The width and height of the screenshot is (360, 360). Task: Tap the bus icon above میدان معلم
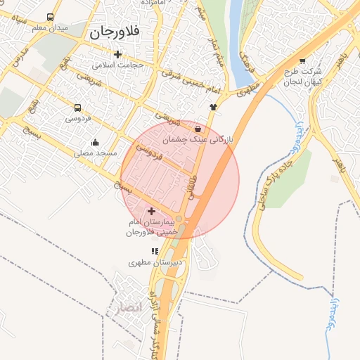(50, 18)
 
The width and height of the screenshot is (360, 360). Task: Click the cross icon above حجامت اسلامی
(117, 54)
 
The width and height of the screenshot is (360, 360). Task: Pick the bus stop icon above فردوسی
(77, 108)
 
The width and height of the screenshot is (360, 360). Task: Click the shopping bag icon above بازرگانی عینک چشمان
(198, 129)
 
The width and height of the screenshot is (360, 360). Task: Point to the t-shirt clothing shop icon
(213, 106)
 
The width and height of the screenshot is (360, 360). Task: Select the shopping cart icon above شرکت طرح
(302, 60)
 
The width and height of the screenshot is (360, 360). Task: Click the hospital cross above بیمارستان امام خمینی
(152, 211)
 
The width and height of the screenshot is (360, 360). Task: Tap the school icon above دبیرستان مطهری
(155, 251)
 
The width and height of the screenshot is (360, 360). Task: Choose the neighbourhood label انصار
(126, 307)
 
